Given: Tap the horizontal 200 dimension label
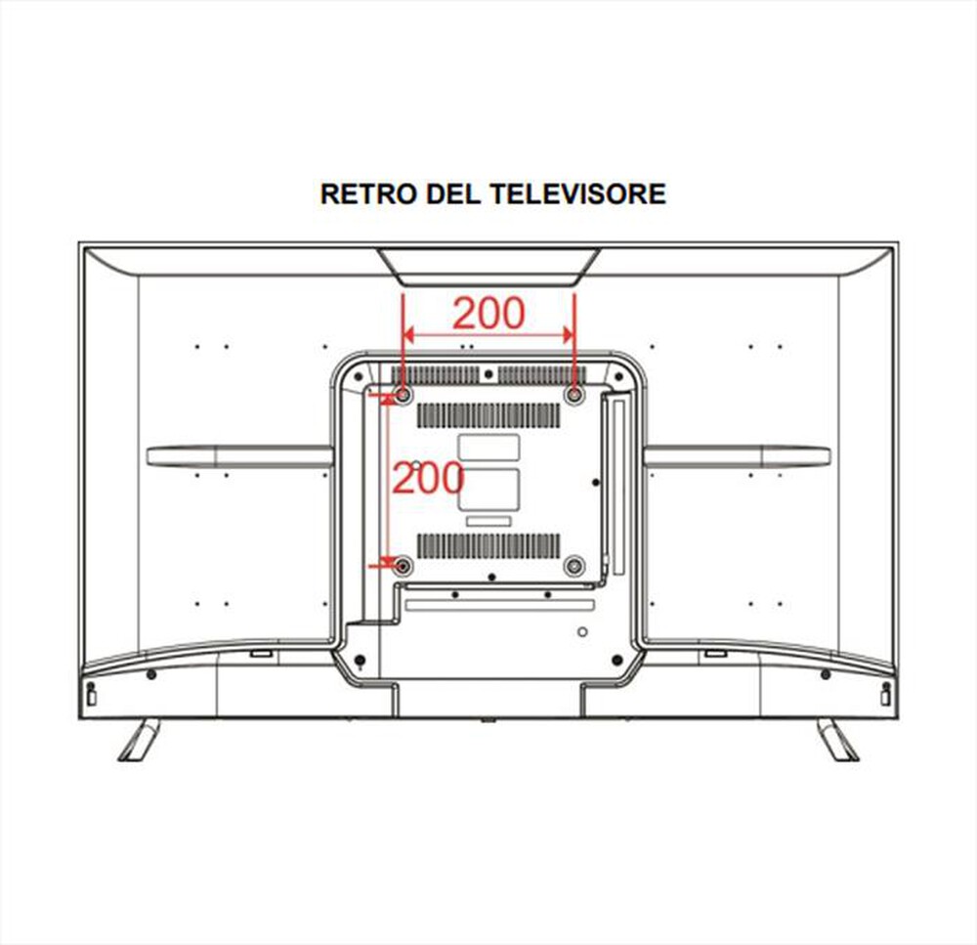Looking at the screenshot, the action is tap(488, 313).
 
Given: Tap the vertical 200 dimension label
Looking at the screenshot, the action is tap(429, 478).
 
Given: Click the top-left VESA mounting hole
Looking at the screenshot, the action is tap(404, 395).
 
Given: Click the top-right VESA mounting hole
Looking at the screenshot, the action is tap(573, 395).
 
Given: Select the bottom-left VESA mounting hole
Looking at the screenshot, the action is tap(404, 566).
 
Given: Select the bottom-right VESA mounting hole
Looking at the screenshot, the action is tap(573, 566).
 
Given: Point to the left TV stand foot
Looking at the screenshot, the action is tap(139, 740).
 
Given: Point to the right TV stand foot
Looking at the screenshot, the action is tap(838, 740).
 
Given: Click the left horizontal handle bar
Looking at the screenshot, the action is tap(240, 456).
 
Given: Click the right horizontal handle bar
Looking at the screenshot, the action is tap(737, 456).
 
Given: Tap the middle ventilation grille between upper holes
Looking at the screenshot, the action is tap(488, 415).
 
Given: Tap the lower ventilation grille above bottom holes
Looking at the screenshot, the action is tap(488, 546).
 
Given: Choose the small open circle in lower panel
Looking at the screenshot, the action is tap(582, 632).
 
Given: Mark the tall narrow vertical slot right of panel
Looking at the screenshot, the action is tap(618, 487).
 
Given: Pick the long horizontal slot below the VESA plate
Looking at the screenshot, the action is tap(499, 605).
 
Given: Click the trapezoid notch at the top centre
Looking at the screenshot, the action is tap(488, 268).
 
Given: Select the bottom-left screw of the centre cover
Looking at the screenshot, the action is tap(360, 660).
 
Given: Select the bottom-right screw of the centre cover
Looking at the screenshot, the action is tap(617, 660).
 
